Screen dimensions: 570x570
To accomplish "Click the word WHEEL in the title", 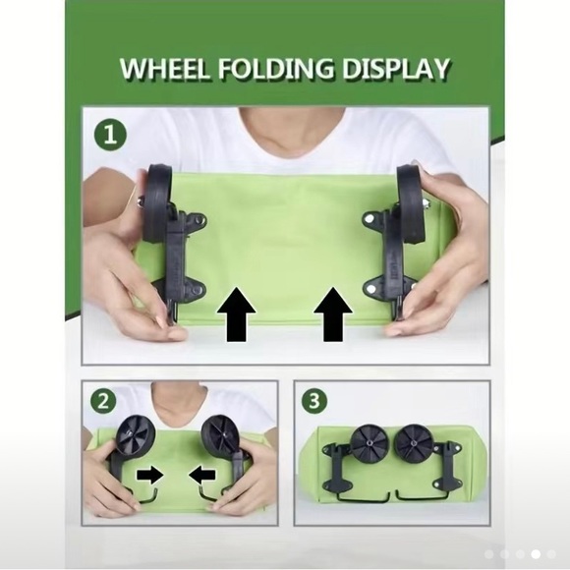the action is click(x=165, y=69).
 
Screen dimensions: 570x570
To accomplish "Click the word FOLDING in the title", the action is click(x=276, y=69).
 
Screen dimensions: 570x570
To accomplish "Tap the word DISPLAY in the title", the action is click(x=395, y=69).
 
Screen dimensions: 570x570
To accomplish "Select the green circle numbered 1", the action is click(x=110, y=137).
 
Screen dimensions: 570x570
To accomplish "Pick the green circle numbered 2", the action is click(x=103, y=401).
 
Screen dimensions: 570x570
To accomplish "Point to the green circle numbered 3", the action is click(x=314, y=401).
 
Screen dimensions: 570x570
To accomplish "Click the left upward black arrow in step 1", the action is click(x=236, y=314).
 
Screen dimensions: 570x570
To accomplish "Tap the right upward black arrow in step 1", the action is click(x=333, y=314).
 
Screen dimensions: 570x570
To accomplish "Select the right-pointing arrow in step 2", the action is click(x=149, y=475).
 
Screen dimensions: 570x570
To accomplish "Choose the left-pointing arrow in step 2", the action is click(x=202, y=475).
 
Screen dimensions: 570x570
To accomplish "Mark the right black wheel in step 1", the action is click(x=412, y=203).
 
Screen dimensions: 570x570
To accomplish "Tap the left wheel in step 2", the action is click(x=136, y=434).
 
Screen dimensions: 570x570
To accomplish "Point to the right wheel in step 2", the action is click(x=220, y=435).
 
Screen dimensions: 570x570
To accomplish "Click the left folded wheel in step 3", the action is click(x=370, y=444).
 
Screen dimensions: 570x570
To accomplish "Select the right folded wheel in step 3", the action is click(x=413, y=444).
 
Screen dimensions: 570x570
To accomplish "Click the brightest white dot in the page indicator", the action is click(x=536, y=554).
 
